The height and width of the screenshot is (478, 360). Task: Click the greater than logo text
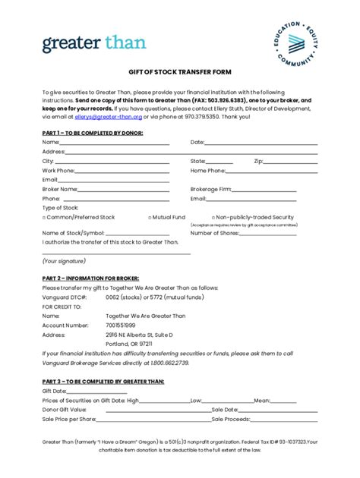point(94,43)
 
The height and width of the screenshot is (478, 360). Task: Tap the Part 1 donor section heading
point(92,133)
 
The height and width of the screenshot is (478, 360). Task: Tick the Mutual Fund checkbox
point(150,217)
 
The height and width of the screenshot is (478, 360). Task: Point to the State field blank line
point(219,161)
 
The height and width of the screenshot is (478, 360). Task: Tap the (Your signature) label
point(65,260)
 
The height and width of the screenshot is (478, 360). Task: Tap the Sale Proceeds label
point(230,418)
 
